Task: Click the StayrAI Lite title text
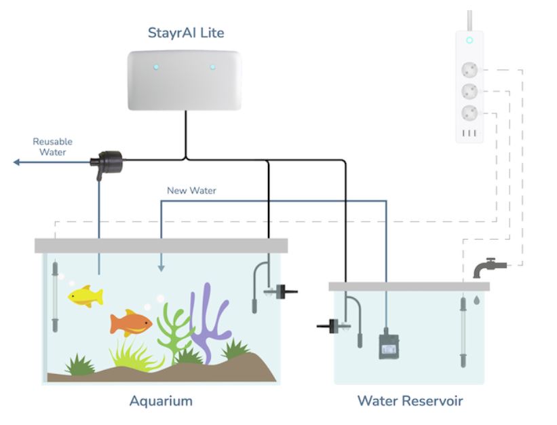[x=186, y=33]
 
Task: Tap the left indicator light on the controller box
[x=156, y=67]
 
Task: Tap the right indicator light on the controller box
[x=212, y=67]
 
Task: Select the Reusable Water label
[x=52, y=147]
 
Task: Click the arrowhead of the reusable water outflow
[x=16, y=162]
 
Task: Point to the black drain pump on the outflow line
[x=107, y=164]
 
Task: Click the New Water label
[x=191, y=191]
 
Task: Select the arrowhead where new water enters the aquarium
[x=161, y=267]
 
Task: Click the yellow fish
[x=85, y=296]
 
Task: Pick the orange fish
[x=131, y=323]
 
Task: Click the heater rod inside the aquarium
[x=55, y=297]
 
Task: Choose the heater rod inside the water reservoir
[x=463, y=332]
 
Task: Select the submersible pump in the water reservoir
[x=389, y=346]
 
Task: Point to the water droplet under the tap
[x=477, y=300]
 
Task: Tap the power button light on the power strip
[x=469, y=40]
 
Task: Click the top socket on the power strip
[x=469, y=70]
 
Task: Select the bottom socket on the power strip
[x=469, y=113]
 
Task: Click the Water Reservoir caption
[x=410, y=401]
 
